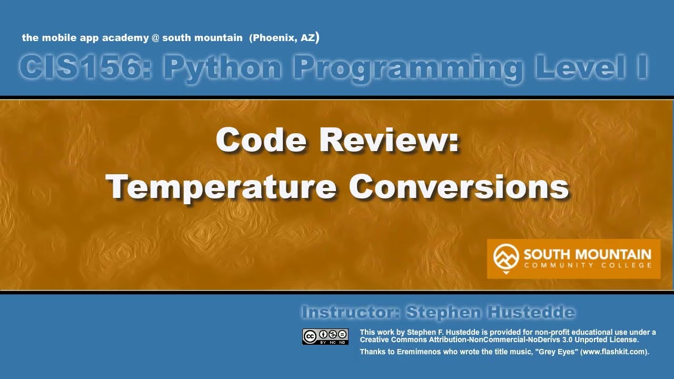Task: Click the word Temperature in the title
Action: click(x=221, y=186)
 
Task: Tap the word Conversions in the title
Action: click(x=459, y=186)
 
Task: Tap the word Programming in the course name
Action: click(x=409, y=67)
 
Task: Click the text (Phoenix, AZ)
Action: click(x=284, y=38)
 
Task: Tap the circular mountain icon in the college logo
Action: click(x=506, y=257)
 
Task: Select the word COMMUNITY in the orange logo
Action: click(x=561, y=265)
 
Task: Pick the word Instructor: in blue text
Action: click(x=350, y=313)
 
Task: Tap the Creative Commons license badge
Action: click(x=325, y=336)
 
